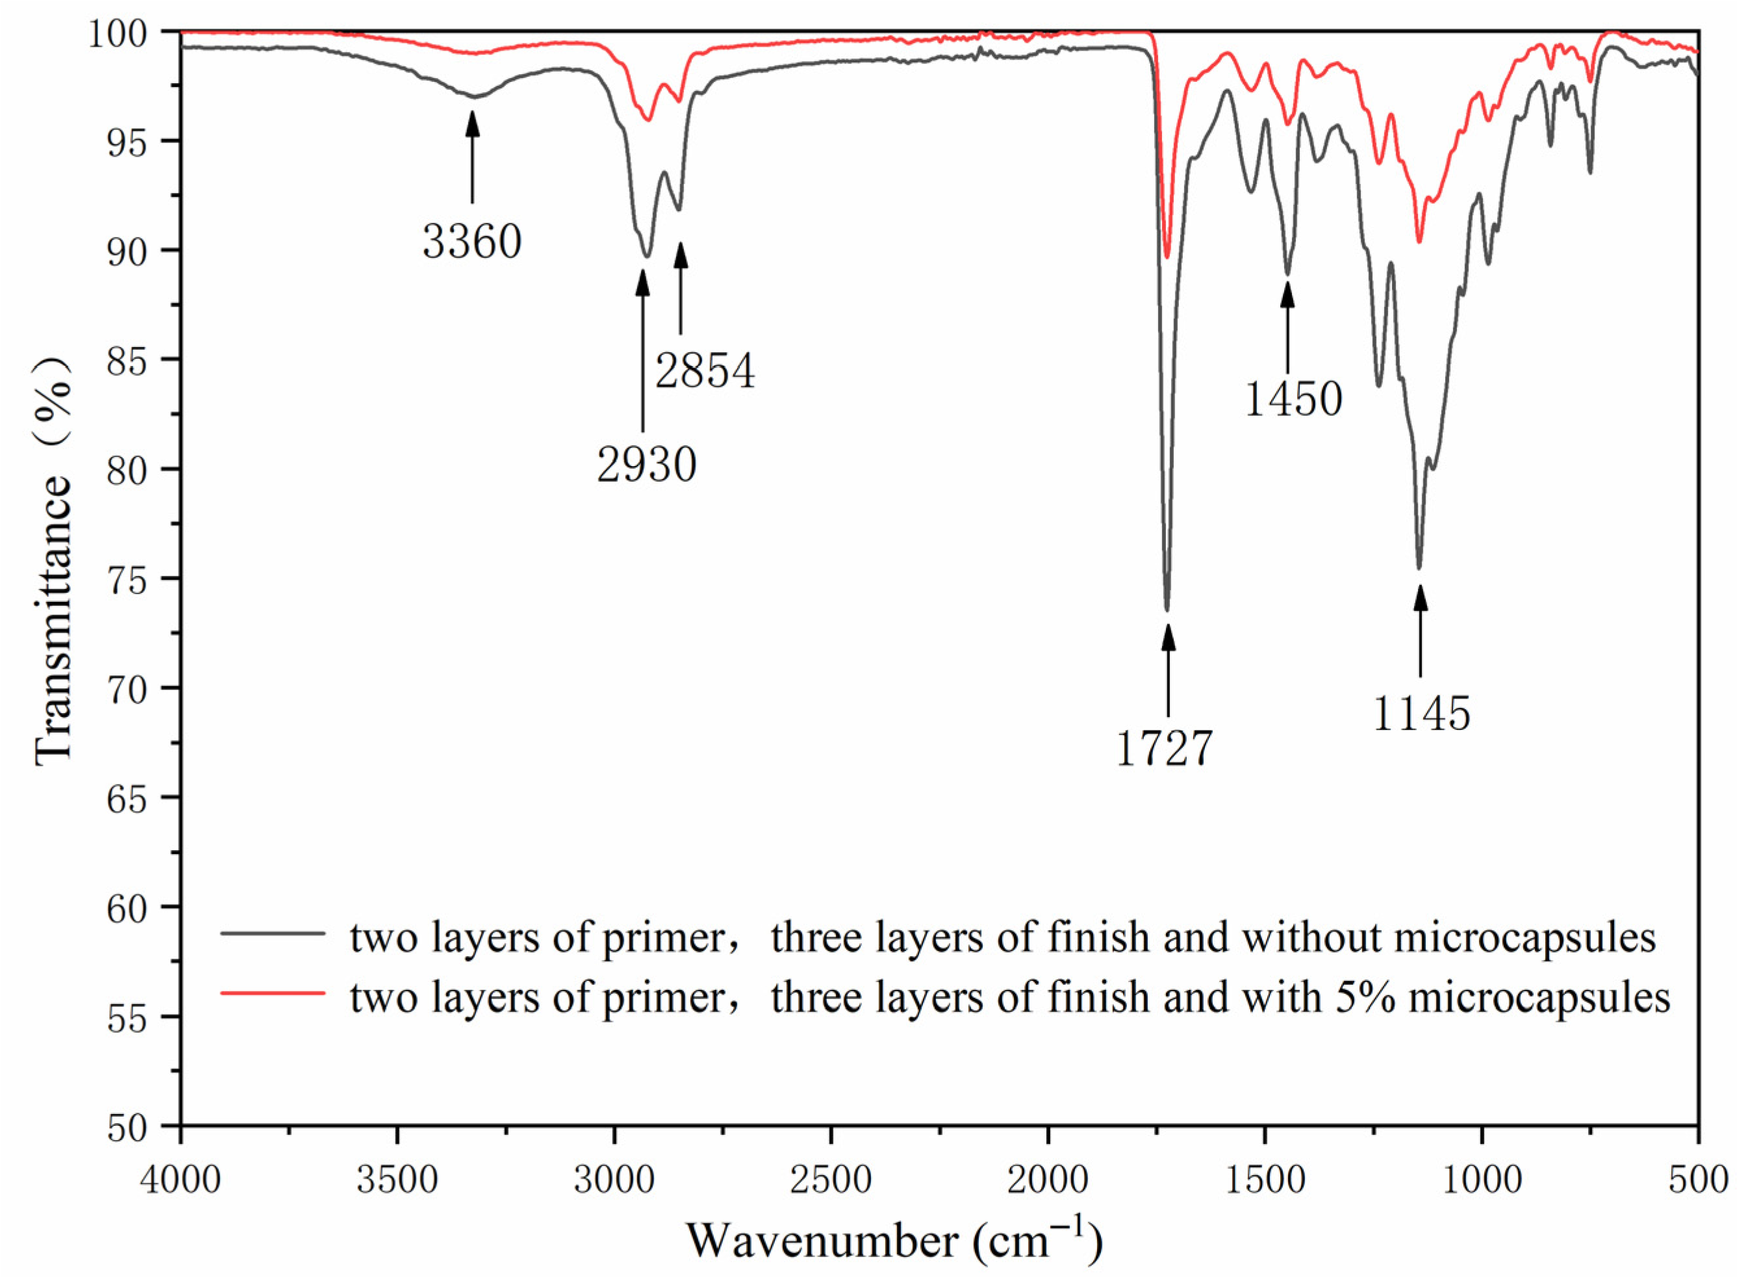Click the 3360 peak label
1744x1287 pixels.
point(472,242)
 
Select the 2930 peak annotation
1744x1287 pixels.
point(646,467)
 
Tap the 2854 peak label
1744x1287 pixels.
point(705,371)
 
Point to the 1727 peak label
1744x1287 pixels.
point(1164,749)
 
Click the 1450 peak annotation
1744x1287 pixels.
point(1293,400)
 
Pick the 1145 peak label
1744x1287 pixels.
point(1421,714)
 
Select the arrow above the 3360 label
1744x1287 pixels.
point(472,156)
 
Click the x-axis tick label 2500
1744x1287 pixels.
point(831,1181)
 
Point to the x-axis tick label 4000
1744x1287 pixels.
point(181,1181)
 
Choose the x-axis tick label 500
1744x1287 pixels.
point(1698,1181)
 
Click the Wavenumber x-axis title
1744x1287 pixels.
point(894,1241)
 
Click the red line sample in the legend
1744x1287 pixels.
point(273,993)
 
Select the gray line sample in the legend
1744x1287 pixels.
point(273,933)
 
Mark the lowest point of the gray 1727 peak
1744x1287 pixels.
point(1167,610)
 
